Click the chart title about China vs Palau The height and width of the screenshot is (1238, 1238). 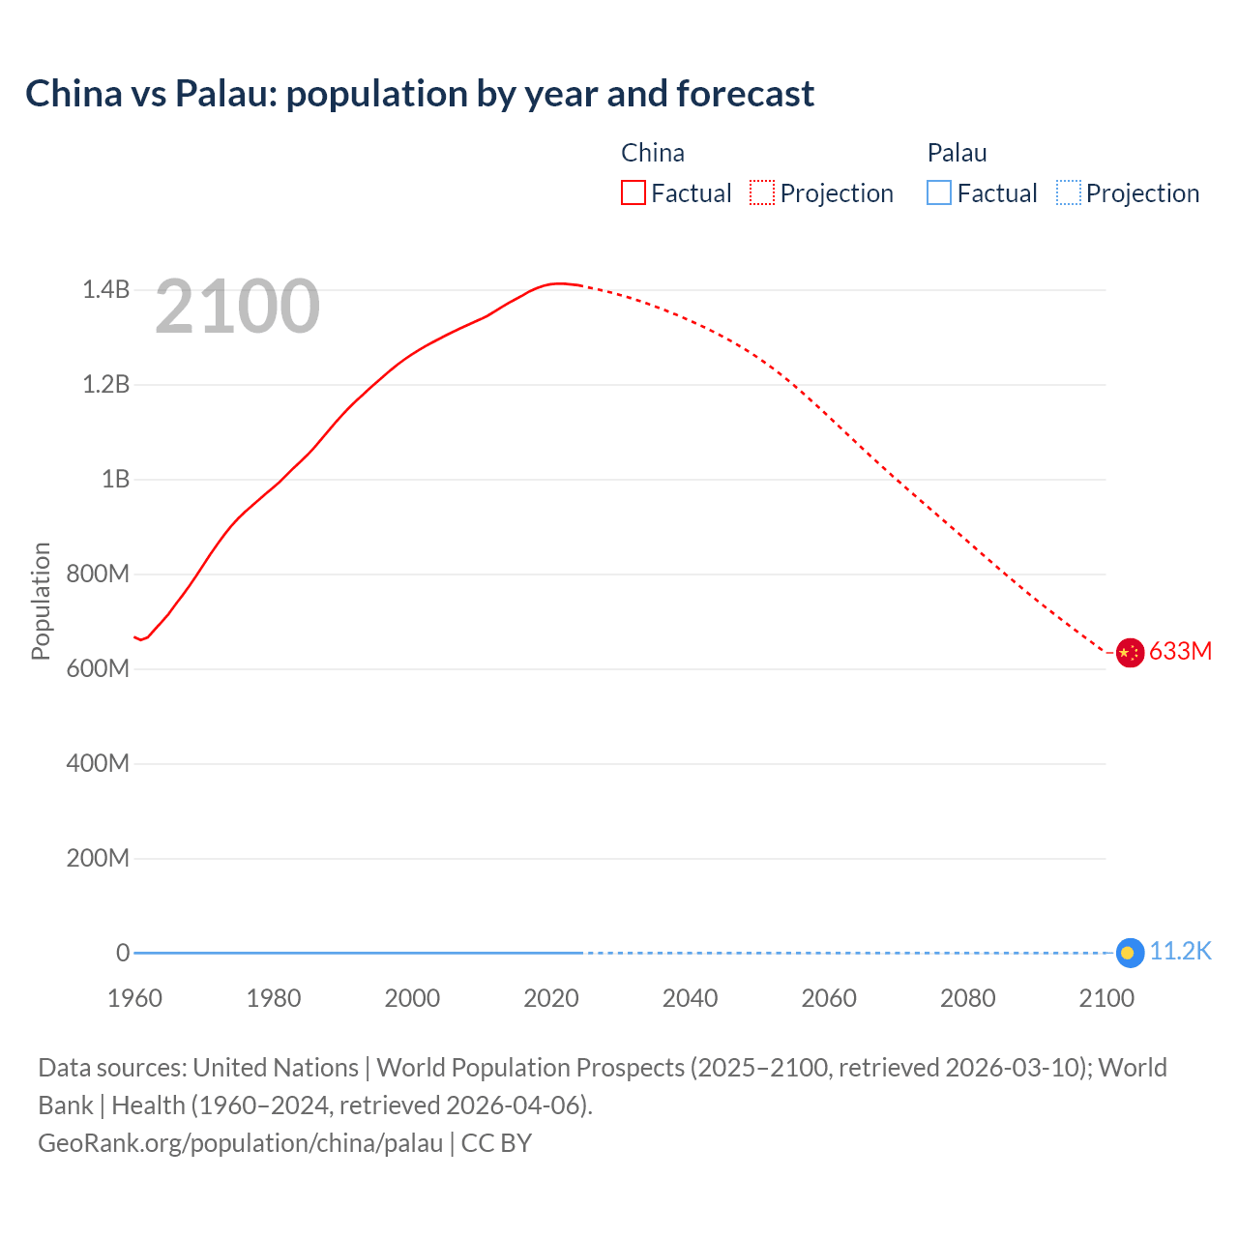tap(420, 94)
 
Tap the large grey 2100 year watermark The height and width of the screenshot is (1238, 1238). tap(237, 307)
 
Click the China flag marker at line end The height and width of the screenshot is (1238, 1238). tap(1130, 653)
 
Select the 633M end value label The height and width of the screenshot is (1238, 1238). tap(1180, 651)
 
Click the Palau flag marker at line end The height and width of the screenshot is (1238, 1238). tap(1130, 953)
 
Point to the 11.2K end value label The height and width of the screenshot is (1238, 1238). tap(1180, 951)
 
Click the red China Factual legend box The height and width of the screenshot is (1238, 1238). tap(634, 192)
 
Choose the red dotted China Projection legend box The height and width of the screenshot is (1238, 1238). tap(762, 192)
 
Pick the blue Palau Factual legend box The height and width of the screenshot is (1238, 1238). tap(939, 192)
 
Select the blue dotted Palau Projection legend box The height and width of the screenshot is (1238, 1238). tap(1068, 192)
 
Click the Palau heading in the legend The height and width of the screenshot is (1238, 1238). tap(957, 153)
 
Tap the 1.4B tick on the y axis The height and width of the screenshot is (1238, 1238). tap(105, 289)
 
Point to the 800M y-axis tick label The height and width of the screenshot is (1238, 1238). tap(98, 574)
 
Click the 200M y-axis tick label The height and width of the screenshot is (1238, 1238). tap(98, 858)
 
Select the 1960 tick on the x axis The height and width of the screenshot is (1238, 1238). tap(134, 998)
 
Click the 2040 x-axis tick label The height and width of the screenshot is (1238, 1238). tap(690, 998)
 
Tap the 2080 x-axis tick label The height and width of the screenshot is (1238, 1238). tap(967, 998)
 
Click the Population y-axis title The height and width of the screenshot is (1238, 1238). tap(41, 601)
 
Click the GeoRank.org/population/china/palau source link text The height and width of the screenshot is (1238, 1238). tap(240, 1142)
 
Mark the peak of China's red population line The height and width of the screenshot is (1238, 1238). tap(558, 283)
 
